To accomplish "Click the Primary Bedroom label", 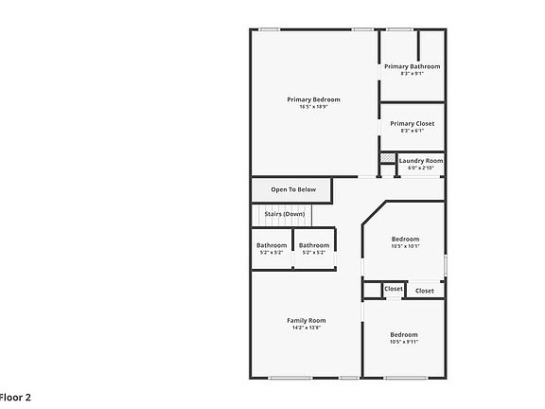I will coord(314,99).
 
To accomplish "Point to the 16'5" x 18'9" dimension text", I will coord(314,107).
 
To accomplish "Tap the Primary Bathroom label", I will coord(412,66).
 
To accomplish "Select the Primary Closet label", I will coord(412,123).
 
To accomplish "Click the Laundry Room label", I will coord(420,161).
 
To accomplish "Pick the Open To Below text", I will coord(290,189).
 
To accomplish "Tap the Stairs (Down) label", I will coord(285,214).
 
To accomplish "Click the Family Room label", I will coord(306,320).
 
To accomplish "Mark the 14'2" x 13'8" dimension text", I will coord(306,328).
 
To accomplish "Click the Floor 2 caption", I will coord(16,398).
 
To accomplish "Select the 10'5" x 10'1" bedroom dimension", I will coord(405,247).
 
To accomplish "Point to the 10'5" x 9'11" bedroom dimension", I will coord(404,342).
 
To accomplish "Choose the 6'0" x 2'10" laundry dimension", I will coord(420,169).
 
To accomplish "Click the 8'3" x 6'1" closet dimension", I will coord(412,131).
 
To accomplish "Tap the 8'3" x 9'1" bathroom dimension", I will coord(412,74).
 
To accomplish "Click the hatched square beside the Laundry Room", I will coord(387,159).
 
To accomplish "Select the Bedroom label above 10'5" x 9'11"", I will coord(404,334).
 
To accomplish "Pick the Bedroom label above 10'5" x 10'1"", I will coord(405,240).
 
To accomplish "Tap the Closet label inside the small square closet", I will coord(393,289).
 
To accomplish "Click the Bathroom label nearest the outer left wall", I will coord(272,245).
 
